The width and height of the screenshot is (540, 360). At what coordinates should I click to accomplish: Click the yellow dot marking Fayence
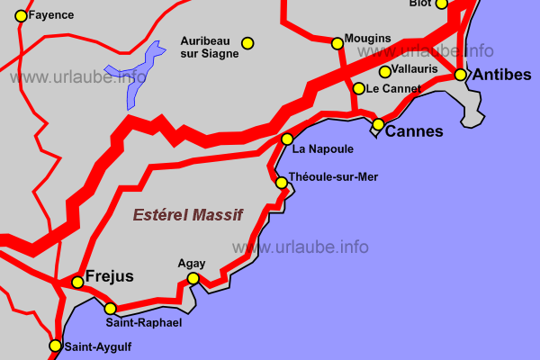[22, 15]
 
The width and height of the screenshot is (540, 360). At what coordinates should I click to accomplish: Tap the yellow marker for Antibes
[461, 75]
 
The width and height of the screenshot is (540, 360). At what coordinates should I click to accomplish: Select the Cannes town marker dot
[379, 124]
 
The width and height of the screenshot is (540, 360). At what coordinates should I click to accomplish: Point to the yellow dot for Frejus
[77, 283]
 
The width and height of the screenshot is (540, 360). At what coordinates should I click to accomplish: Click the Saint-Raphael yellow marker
[111, 309]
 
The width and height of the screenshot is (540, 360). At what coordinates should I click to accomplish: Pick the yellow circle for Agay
[193, 278]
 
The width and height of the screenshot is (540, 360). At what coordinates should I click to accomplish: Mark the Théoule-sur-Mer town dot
[282, 183]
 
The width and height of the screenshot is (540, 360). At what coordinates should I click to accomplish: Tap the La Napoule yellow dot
[287, 139]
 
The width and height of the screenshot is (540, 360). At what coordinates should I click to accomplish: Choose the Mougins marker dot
[337, 42]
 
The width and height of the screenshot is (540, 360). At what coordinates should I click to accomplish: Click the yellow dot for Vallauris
[385, 72]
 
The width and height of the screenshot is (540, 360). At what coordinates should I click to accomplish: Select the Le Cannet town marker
[359, 88]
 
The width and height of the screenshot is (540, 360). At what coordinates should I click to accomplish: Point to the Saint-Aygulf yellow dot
[56, 346]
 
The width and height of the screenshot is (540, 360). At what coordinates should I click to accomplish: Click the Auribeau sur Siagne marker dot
[247, 42]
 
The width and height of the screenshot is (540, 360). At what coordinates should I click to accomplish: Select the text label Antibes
[502, 75]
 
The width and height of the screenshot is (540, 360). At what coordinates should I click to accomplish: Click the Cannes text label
[414, 131]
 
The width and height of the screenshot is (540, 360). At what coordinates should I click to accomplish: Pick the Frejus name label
[109, 275]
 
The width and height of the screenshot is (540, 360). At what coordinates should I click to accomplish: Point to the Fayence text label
[51, 15]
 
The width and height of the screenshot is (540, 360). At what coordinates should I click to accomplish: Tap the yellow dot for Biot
[441, 4]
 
